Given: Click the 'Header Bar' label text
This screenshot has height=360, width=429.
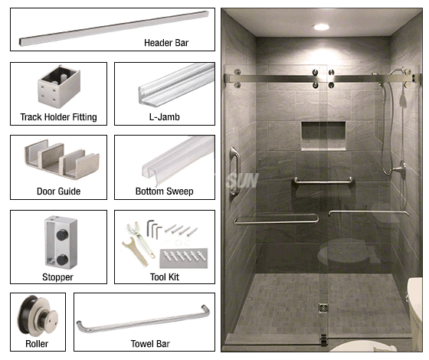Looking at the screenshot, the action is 166,43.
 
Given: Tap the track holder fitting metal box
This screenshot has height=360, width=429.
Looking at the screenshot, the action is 59,86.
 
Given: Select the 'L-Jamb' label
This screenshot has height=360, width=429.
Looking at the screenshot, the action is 165,117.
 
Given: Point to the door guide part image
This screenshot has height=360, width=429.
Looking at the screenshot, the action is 62,160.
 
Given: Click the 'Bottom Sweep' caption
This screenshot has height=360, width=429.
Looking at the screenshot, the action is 165,191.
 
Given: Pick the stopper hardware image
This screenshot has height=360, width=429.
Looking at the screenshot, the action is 61,242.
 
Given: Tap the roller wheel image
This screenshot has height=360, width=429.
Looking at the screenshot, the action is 38,316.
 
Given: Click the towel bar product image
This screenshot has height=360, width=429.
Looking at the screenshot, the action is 143,319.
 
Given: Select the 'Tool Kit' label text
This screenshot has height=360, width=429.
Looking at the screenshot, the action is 165,277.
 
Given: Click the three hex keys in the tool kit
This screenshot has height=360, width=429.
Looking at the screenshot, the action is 154,229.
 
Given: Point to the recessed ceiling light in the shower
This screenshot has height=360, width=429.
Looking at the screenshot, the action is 321,27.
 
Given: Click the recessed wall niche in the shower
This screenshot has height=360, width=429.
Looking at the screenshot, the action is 323,136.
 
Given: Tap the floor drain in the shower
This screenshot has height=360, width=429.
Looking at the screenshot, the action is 323,308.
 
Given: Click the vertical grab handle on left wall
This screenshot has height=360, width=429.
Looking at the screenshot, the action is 234,172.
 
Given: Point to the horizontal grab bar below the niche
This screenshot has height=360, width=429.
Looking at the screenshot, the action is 323,181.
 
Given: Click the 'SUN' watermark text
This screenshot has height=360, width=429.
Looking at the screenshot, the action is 242,181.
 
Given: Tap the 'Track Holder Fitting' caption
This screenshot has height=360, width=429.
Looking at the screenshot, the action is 58,117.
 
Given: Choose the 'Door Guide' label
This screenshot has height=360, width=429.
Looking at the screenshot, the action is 58,191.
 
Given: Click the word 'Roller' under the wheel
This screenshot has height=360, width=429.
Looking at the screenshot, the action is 37,344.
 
